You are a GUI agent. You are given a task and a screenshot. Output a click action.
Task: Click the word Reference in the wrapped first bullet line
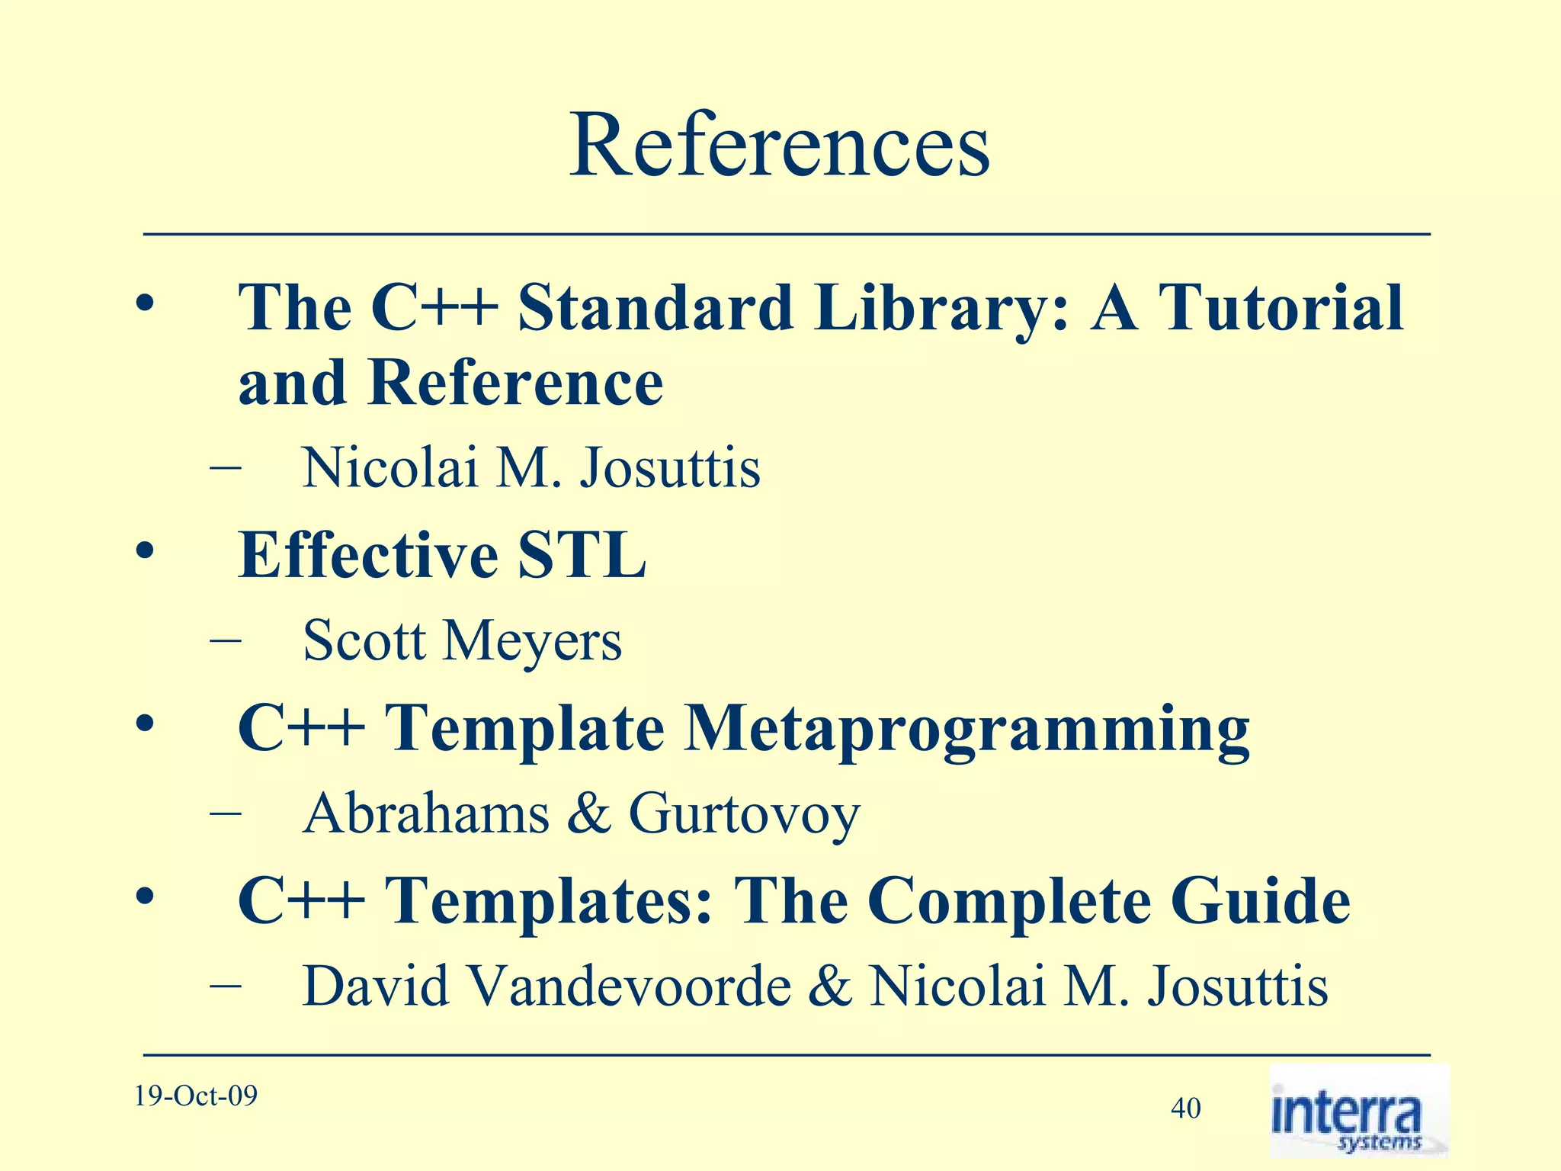515,383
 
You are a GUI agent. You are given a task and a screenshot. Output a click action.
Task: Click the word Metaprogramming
966,730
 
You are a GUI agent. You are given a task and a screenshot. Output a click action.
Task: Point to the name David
376,987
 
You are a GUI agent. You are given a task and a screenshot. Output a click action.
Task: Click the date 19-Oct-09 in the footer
196,1096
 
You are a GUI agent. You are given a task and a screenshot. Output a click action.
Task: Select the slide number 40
1185,1108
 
